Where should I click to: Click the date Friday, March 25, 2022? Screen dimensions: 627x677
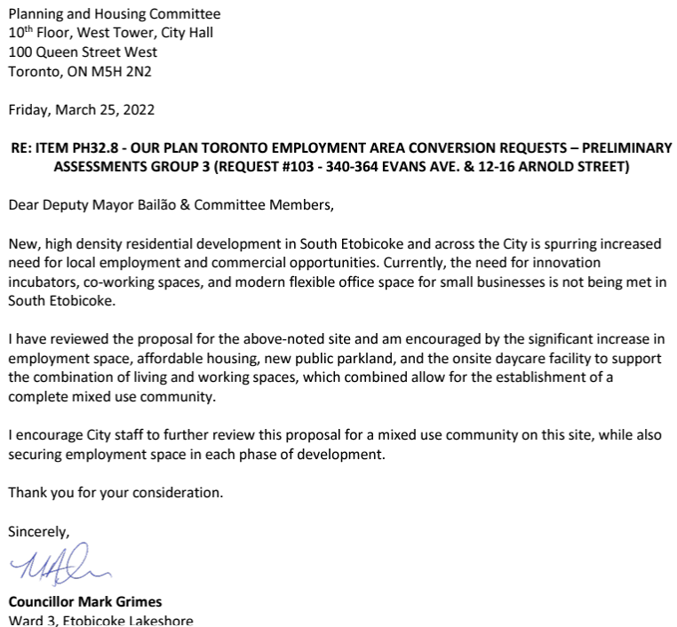tap(82, 110)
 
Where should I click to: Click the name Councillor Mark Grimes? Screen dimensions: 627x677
tap(85, 601)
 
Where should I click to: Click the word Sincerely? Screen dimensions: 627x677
tap(38, 532)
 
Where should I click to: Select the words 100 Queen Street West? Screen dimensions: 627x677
tap(83, 52)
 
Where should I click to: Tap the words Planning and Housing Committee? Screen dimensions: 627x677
tap(115, 14)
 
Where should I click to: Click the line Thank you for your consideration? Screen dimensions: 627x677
tap(115, 492)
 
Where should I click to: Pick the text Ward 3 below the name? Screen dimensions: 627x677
tap(30, 620)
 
